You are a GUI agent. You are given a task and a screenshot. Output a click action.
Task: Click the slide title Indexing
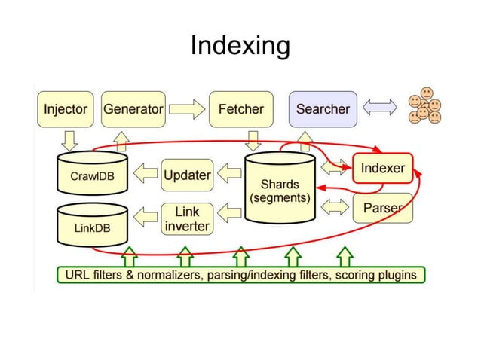tap(240, 46)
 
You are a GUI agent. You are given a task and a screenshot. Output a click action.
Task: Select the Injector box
tap(66, 109)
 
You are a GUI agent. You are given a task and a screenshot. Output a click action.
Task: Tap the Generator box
tap(133, 109)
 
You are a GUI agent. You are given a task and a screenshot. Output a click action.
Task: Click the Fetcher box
tap(240, 109)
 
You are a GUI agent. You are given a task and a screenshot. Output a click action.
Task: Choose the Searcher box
tap(322, 109)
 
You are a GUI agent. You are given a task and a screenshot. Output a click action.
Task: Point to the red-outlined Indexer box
tap(382, 169)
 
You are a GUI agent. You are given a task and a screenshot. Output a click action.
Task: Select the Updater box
tap(187, 175)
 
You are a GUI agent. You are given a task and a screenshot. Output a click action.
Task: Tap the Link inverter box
tap(187, 218)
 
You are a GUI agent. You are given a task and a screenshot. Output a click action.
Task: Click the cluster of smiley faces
tap(424, 108)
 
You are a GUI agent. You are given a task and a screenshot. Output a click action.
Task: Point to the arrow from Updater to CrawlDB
tap(144, 175)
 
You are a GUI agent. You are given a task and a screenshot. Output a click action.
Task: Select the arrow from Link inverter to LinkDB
tap(144, 218)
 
